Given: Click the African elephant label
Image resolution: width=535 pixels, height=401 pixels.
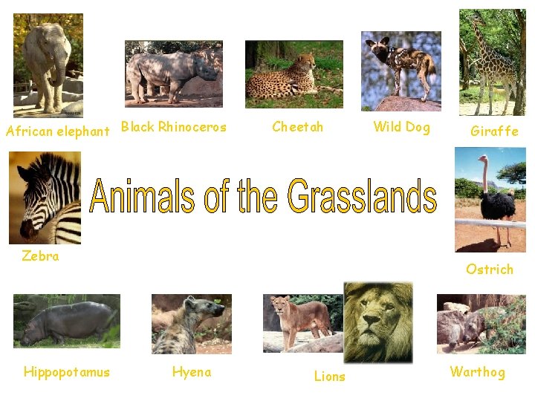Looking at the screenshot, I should click(x=57, y=131).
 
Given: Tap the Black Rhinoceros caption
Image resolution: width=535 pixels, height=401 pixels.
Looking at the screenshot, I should click(x=174, y=127).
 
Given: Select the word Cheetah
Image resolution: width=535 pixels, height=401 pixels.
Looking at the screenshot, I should click(x=298, y=127).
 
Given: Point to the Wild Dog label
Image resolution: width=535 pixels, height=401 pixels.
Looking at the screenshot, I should click(x=401, y=127).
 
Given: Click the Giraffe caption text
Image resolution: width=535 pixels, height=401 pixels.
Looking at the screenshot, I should click(x=494, y=131).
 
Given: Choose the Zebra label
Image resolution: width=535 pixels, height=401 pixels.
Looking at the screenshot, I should click(x=40, y=256).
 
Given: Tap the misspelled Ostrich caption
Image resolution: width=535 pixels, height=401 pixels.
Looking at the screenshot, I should click(x=490, y=270).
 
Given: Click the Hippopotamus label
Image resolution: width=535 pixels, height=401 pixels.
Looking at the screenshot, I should click(x=66, y=372).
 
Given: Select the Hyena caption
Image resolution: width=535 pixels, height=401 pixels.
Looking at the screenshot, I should click(x=192, y=372).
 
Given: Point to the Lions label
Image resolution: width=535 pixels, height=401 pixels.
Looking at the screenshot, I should click(x=329, y=376).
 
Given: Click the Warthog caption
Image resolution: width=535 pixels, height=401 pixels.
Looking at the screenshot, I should click(x=477, y=372).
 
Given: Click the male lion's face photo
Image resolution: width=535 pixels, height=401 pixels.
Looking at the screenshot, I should click(x=377, y=321).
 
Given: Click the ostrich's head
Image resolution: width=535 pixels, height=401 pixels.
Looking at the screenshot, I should click(x=484, y=158).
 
